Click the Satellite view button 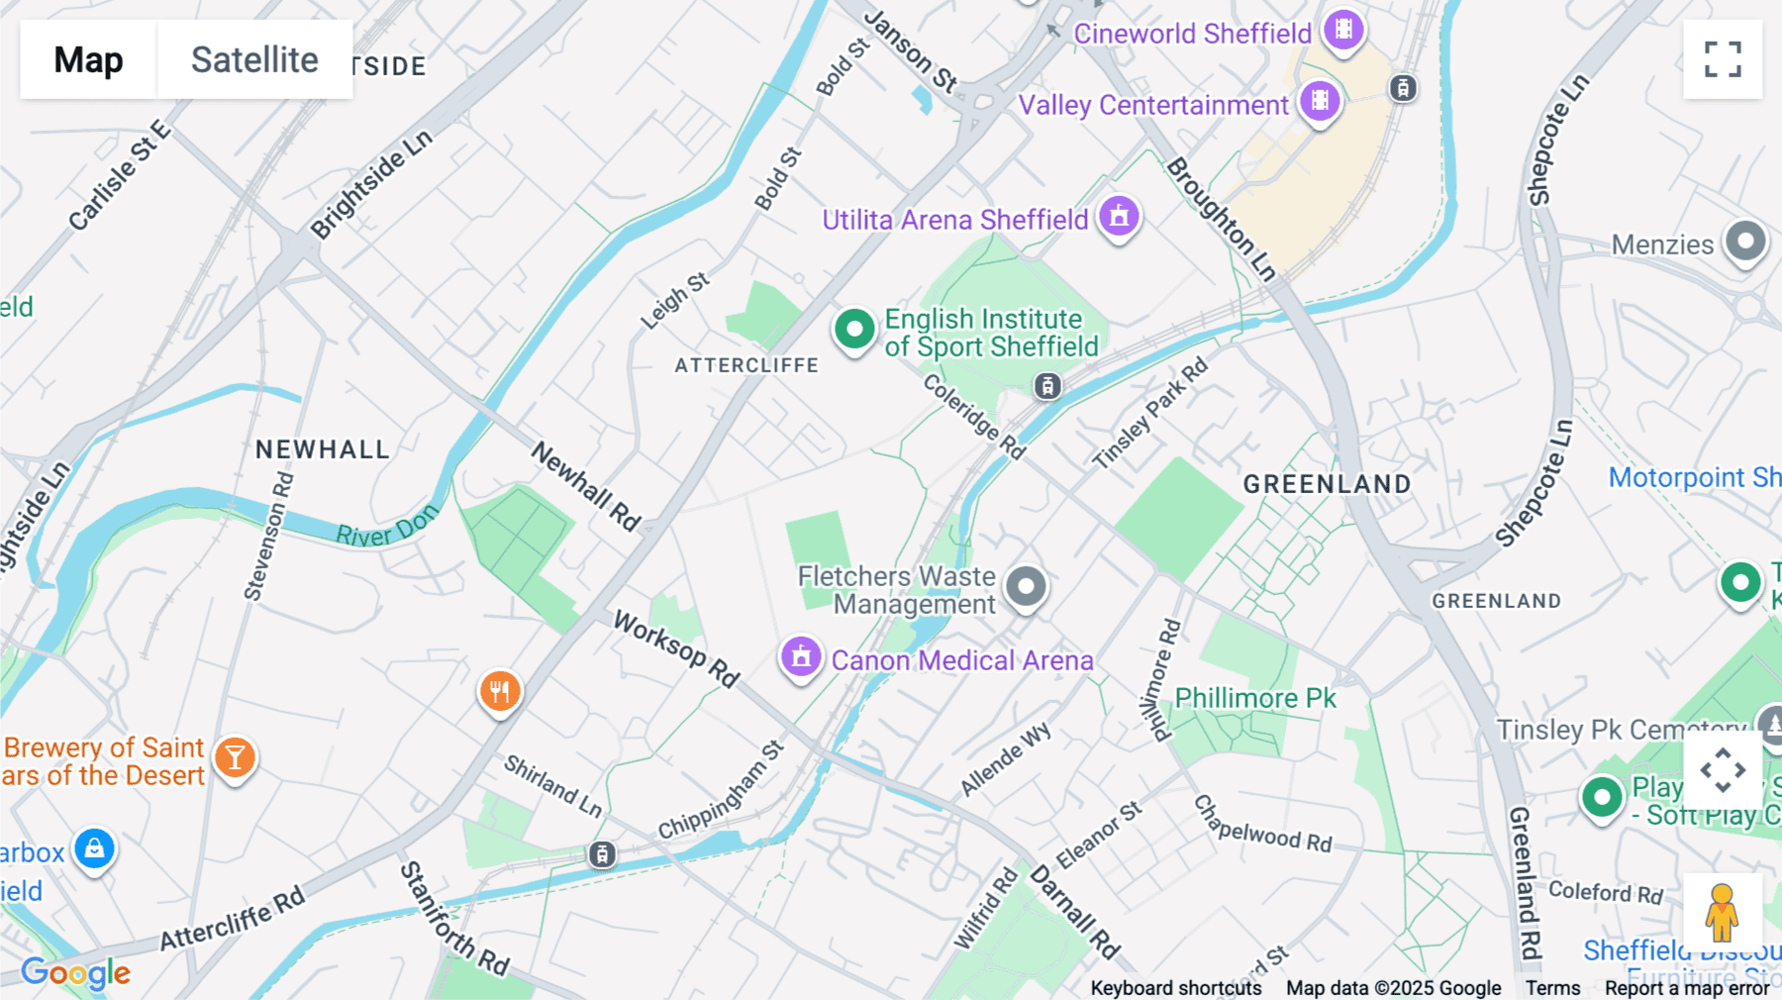coord(254,59)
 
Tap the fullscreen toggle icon coord(1723,59)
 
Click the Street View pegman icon coord(1722,912)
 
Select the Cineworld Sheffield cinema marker coord(1343,30)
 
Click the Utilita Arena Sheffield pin coord(1119,216)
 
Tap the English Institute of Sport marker coord(854,329)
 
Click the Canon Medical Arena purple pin coord(801,656)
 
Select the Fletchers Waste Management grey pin coord(1026,586)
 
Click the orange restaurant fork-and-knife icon coord(500,691)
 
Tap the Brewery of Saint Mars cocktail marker coord(235,757)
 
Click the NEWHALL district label coord(323,450)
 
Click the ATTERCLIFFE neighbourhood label coord(746,365)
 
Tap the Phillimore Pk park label coord(1254,698)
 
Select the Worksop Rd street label coord(676,650)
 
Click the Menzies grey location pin coord(1745,242)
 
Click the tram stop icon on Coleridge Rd coord(1047,386)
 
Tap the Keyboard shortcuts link coord(1175,987)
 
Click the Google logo coord(75,972)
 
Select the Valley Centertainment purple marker coord(1320,101)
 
